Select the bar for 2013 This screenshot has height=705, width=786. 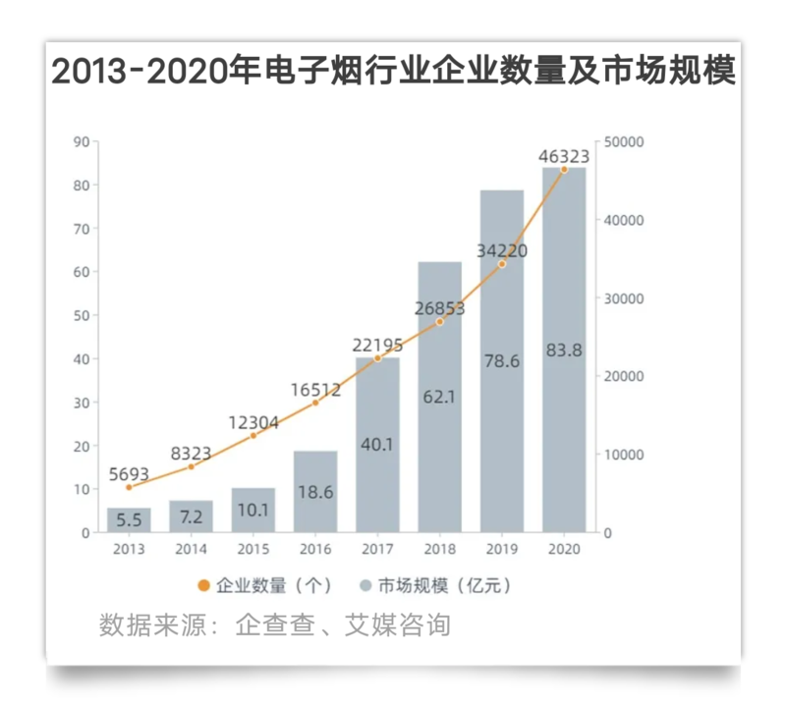click(x=129, y=520)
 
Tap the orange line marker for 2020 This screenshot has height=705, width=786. click(x=564, y=169)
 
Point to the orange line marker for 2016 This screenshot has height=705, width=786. click(x=315, y=403)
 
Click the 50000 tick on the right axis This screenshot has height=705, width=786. click(x=624, y=142)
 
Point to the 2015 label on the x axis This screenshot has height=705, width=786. click(x=253, y=550)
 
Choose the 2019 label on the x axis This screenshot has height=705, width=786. click(x=501, y=550)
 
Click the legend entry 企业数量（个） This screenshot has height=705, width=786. click(x=257, y=586)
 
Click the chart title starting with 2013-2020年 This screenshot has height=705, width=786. click(x=393, y=72)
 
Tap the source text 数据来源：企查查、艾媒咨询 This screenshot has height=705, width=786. click(x=275, y=624)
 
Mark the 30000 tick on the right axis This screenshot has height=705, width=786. click(x=624, y=298)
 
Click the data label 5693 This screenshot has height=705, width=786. click(x=130, y=473)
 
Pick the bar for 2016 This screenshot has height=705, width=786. click(x=315, y=491)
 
